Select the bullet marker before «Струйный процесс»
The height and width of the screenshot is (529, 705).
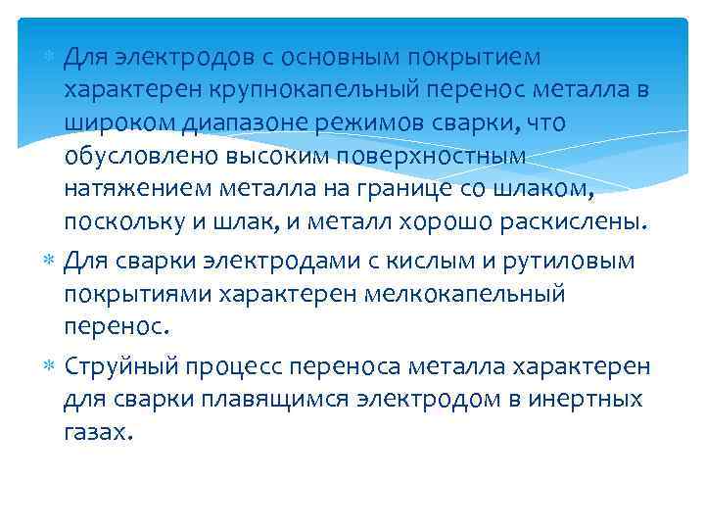50,365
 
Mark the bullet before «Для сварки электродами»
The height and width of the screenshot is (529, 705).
50,261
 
